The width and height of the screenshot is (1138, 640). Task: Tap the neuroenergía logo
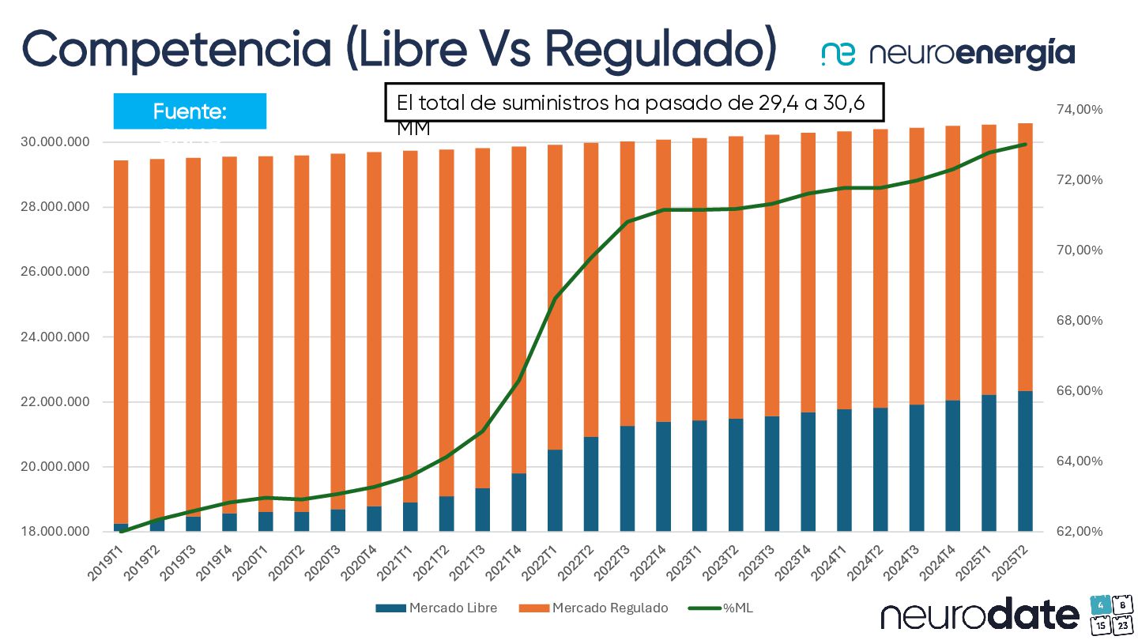point(948,54)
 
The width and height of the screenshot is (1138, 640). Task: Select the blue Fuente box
point(190,111)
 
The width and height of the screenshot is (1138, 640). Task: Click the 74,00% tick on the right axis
point(1079,109)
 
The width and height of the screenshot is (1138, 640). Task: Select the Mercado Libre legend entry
point(436,608)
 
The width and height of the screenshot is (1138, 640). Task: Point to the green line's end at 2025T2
point(1026,144)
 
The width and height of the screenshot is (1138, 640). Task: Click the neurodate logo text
point(980,615)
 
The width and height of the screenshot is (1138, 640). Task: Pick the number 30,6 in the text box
point(844,103)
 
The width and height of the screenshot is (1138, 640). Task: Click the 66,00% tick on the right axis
point(1079,391)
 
